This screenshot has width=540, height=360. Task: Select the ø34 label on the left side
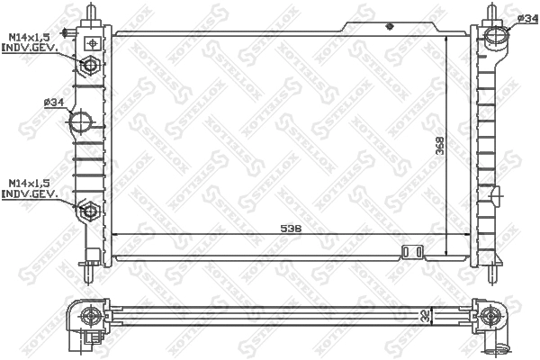[x=53, y=102]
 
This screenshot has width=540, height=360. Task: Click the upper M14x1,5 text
[x=30, y=36]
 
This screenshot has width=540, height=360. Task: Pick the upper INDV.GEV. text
[x=31, y=48]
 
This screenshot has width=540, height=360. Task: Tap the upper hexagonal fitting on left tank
[x=89, y=66]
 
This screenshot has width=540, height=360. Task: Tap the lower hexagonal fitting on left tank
[x=89, y=211]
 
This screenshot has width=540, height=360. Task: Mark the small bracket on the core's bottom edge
[x=412, y=252]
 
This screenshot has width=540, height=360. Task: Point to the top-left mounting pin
[x=93, y=13]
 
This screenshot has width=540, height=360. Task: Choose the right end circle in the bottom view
[x=490, y=315]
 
